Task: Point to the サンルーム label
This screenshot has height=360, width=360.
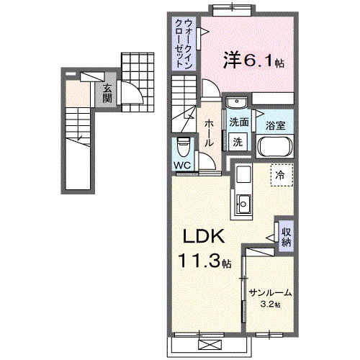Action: pos(271,292)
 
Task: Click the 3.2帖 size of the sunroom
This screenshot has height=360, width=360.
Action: pos(271,305)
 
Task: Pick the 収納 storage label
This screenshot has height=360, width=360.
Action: pos(287,237)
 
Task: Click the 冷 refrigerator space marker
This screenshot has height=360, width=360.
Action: pos(281,175)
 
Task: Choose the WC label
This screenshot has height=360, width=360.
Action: pos(182,165)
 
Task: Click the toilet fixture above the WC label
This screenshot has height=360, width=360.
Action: pos(184,147)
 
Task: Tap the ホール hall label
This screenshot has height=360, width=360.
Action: pos(207,133)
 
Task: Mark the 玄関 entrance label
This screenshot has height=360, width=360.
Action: pos(107,94)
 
